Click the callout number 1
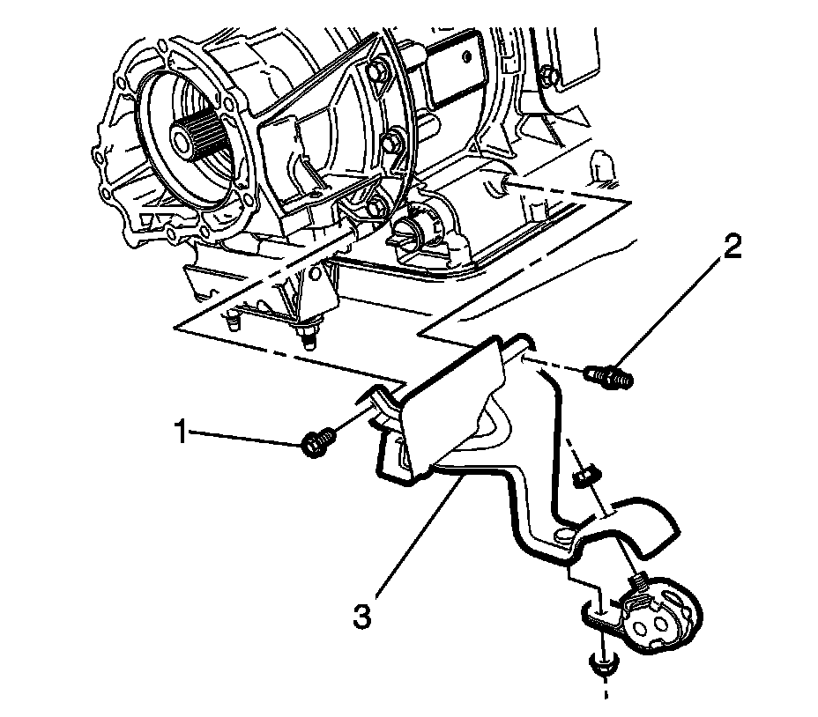pyautogui.click(x=181, y=432)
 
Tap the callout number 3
pyautogui.click(x=361, y=616)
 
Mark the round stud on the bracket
pyautogui.click(x=563, y=537)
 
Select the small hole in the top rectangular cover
pyautogui.click(x=466, y=55)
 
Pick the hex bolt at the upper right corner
pyautogui.click(x=546, y=75)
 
